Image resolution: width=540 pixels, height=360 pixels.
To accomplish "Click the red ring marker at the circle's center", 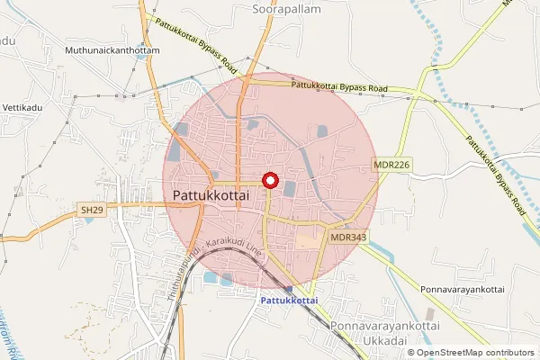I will tap(269, 180).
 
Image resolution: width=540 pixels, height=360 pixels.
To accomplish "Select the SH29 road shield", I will tap(88, 210).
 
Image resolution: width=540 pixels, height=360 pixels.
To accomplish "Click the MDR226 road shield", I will tap(392, 165).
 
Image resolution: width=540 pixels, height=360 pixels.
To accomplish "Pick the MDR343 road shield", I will tap(347, 237).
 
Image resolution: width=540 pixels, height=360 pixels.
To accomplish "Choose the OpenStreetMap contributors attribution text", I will tap(475, 353).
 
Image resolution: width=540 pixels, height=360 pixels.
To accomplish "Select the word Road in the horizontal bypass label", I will tap(376, 88).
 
